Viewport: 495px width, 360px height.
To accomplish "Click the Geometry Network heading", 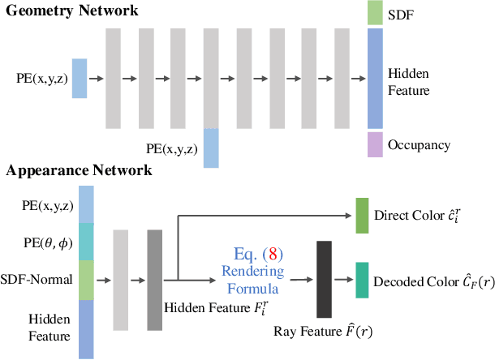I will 71,11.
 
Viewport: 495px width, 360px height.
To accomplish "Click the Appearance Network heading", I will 80,171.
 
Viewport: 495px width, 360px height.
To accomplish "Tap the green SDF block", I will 374,12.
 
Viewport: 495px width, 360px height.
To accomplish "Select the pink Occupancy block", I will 374,144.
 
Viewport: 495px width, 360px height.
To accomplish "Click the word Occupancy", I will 419,145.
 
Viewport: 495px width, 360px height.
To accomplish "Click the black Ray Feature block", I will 325,279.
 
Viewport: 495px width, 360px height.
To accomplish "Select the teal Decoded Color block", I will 362,280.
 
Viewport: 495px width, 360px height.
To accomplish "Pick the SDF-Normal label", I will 37,280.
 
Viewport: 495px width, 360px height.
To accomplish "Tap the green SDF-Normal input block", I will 85,280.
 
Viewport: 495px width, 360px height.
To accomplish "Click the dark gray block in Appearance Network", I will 155,279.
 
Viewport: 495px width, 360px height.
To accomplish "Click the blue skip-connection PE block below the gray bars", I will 211,148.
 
